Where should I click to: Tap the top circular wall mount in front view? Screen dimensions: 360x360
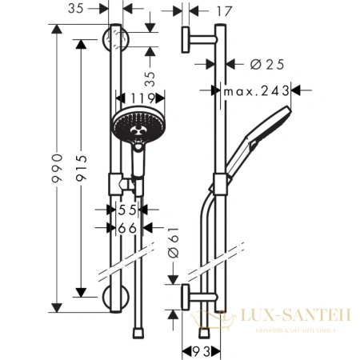click(x=118, y=37)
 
